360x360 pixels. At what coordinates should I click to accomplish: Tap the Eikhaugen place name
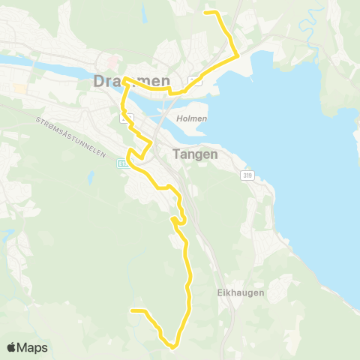(x=244, y=293)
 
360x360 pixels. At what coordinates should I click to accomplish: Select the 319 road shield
(x=247, y=175)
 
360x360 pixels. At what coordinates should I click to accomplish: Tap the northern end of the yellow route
(x=206, y=12)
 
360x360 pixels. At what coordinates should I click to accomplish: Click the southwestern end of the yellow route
(x=132, y=310)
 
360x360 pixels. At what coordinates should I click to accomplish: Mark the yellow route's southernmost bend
(x=173, y=346)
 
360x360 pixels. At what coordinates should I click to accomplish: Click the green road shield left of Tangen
(x=121, y=162)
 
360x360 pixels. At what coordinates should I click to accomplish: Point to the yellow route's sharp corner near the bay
(x=237, y=55)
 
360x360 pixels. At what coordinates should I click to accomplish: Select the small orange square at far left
(x=19, y=88)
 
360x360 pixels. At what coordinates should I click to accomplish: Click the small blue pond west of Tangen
(x=90, y=178)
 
